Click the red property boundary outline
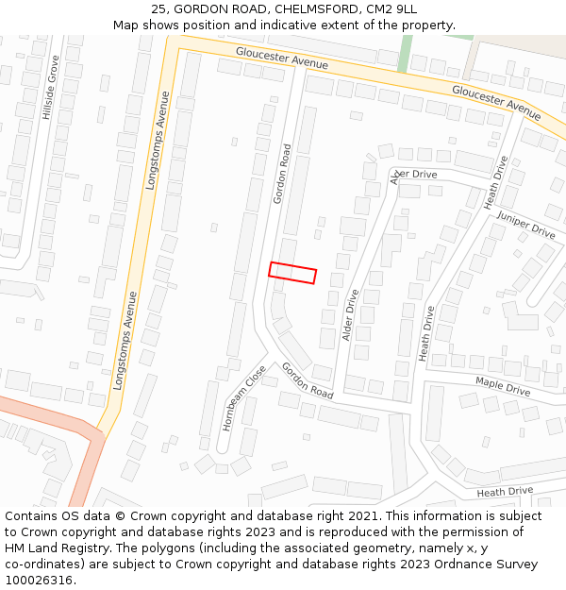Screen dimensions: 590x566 pos(292,273)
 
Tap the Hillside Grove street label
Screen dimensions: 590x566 pos(49,87)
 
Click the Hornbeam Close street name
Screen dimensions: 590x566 pos(243,398)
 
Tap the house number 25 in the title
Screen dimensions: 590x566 pos(158,9)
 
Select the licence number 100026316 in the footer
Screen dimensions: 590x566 pos(38,580)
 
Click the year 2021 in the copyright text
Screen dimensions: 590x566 pos(359,516)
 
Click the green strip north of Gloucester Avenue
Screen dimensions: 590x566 pos(405,53)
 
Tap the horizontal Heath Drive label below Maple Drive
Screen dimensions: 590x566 pos(505,492)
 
